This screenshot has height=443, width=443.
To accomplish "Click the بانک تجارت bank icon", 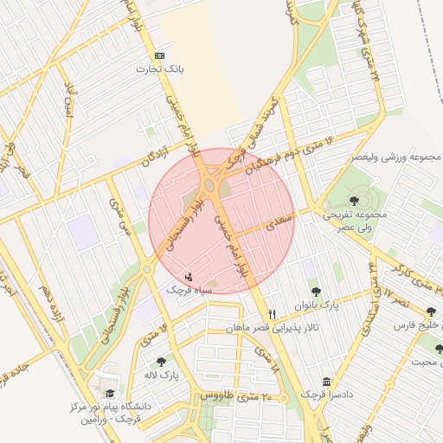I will point(158,55).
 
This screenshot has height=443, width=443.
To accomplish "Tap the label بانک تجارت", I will point(158,68).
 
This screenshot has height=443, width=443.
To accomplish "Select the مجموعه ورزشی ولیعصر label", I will point(395,157).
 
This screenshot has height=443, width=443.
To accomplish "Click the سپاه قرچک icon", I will point(189,276).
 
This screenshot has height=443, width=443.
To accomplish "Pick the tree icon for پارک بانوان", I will point(314,292).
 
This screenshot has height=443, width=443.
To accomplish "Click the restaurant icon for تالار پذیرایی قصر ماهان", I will point(273,314).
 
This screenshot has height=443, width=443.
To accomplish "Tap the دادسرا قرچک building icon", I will point(326,382).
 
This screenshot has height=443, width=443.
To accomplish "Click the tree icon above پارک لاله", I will point(160,362).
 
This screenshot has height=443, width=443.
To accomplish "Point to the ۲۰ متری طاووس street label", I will point(237,395).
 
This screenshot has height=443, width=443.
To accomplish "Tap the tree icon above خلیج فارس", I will point(431,311).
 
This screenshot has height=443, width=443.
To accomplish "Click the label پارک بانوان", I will point(316,305).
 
